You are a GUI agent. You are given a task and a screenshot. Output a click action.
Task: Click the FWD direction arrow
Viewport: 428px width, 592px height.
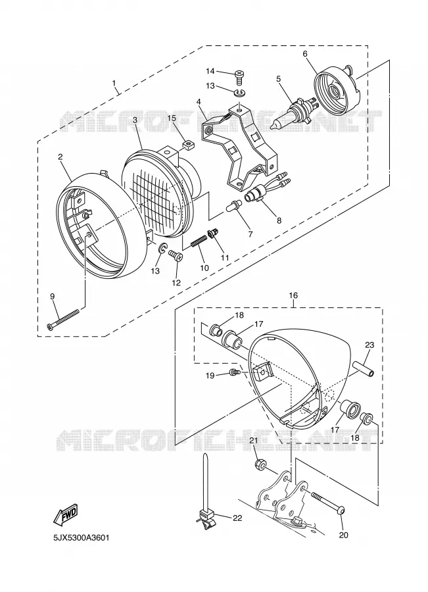click(66, 514)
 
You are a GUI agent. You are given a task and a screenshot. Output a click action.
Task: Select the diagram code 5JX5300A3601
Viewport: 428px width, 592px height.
click(81, 537)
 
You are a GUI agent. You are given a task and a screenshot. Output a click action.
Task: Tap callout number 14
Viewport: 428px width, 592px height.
click(210, 71)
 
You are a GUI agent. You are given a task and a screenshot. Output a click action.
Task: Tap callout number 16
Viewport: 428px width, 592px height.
click(293, 295)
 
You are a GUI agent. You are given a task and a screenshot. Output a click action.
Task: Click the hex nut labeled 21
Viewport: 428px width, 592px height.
click(259, 463)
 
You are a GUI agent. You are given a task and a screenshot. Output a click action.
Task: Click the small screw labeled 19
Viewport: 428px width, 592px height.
click(235, 373)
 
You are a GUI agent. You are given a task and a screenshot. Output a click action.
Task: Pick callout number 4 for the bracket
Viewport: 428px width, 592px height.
click(199, 101)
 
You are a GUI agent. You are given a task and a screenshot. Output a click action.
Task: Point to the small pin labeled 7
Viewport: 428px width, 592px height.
click(233, 206)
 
